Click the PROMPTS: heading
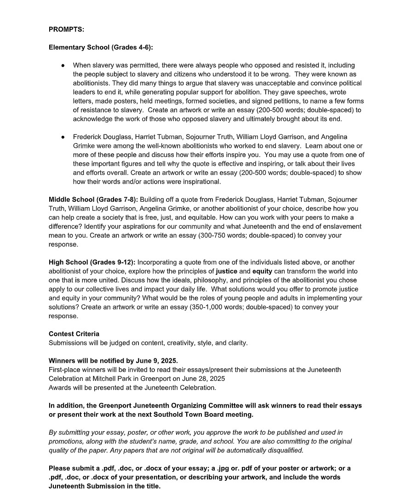(x=66, y=29)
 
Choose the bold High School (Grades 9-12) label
(x=92, y=263)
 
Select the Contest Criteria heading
(x=74, y=334)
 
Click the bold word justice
(x=226, y=271)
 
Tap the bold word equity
(x=262, y=271)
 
